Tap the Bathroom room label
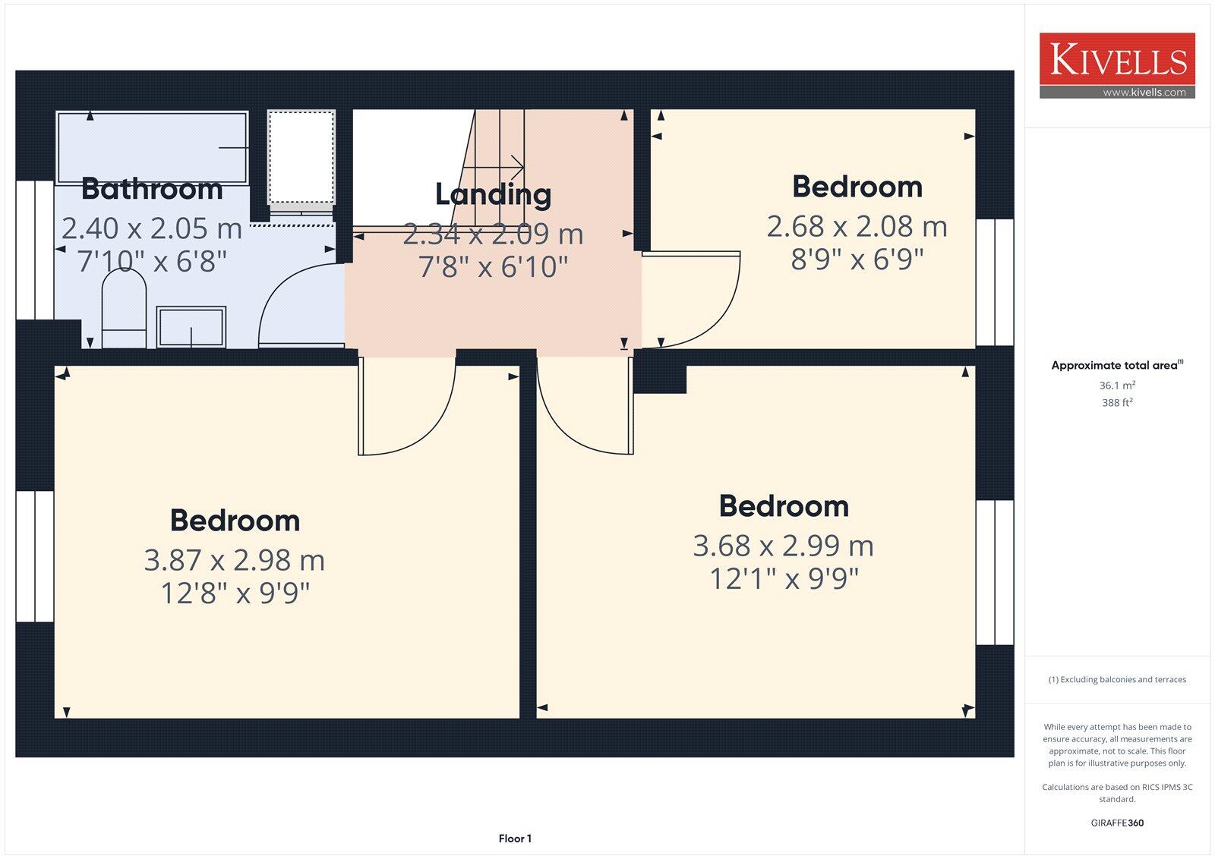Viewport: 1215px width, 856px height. click(x=152, y=189)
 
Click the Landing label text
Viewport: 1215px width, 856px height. click(x=493, y=194)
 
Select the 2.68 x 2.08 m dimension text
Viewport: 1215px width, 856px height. click(x=857, y=226)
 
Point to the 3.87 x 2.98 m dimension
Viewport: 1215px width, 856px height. click(x=235, y=560)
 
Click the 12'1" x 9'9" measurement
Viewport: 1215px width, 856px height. click(x=784, y=579)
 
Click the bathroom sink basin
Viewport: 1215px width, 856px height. click(x=191, y=327)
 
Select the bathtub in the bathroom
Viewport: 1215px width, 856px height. click(x=152, y=147)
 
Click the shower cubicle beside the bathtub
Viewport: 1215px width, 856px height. click(x=301, y=157)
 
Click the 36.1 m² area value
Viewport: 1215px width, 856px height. click(x=1117, y=386)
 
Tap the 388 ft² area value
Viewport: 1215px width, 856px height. click(x=1117, y=403)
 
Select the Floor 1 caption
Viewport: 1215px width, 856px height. click(x=515, y=839)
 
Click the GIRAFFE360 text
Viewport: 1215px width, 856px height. click(x=1117, y=823)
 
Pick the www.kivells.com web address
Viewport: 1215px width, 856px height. click(x=1144, y=93)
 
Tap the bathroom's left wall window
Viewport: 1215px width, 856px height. click(x=34, y=250)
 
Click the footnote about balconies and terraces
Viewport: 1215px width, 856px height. click(x=1117, y=680)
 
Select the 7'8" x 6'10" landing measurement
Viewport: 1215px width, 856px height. click(x=493, y=266)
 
